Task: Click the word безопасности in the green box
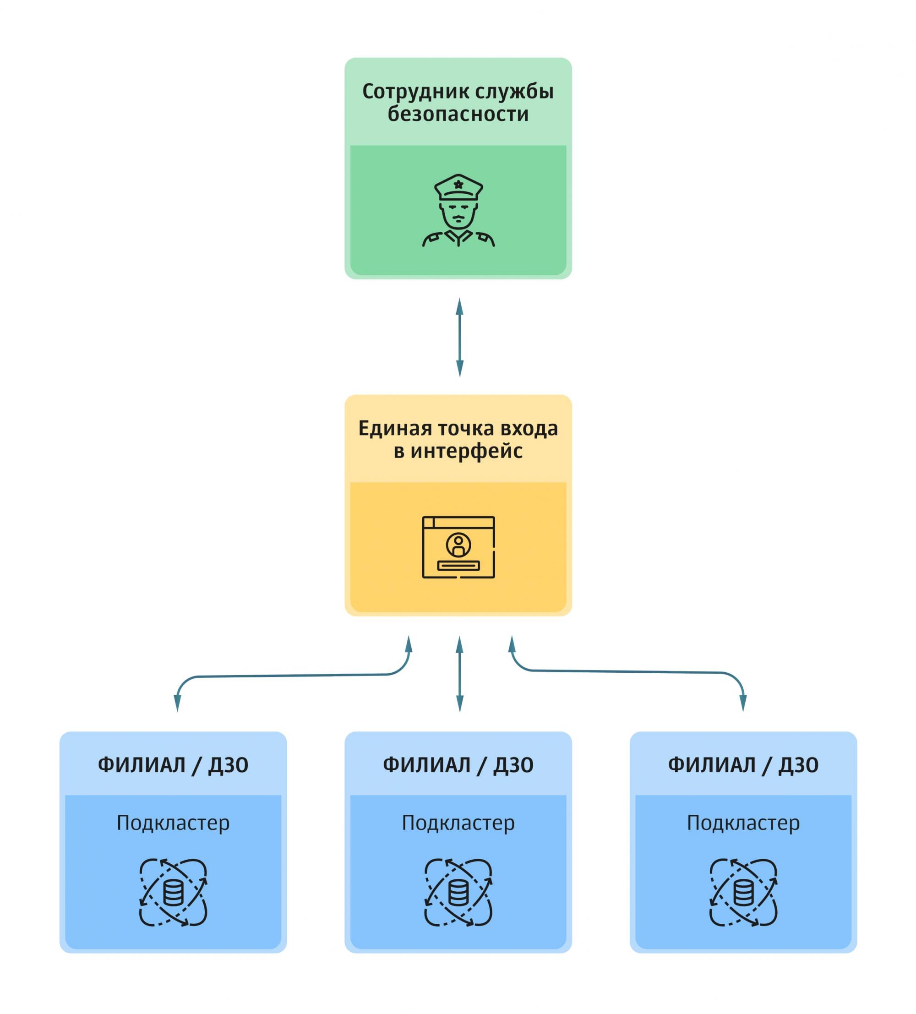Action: pyautogui.click(x=458, y=114)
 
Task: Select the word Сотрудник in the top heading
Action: pyautogui.click(x=414, y=92)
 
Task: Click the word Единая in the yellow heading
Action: pyautogui.click(x=394, y=429)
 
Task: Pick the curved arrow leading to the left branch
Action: pyautogui.click(x=292, y=676)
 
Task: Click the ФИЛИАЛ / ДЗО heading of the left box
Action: pyautogui.click(x=173, y=765)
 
